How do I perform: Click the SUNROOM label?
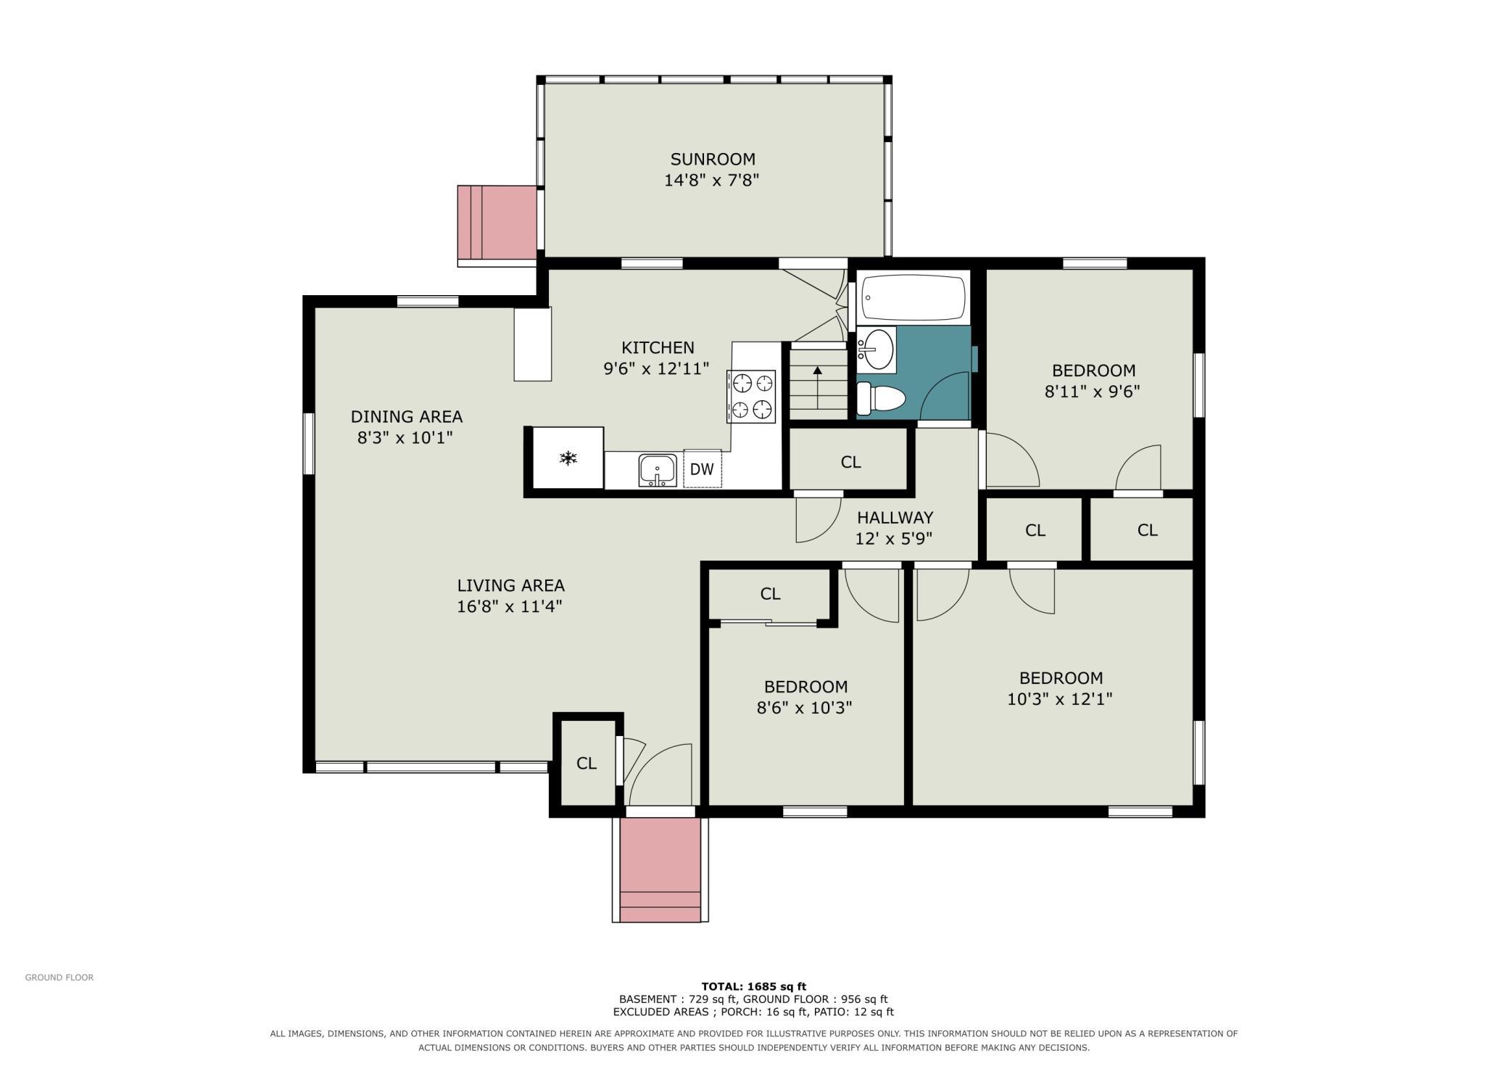(713, 160)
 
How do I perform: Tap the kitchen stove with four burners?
(751, 396)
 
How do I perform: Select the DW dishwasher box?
(702, 468)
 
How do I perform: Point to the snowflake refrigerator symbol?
(568, 458)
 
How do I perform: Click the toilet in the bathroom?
(882, 398)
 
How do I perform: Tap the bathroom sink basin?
(877, 350)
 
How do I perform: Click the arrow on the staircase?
(818, 388)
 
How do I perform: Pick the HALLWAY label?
(895, 518)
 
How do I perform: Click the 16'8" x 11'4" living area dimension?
(510, 606)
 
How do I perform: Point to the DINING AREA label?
(406, 417)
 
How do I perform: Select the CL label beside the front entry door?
(586, 763)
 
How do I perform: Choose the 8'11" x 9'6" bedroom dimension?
(1092, 392)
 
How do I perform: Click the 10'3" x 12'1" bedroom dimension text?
(1060, 699)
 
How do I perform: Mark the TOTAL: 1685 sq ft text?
(753, 986)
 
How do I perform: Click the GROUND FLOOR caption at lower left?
(59, 978)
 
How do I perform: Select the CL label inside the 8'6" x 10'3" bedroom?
(770, 594)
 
